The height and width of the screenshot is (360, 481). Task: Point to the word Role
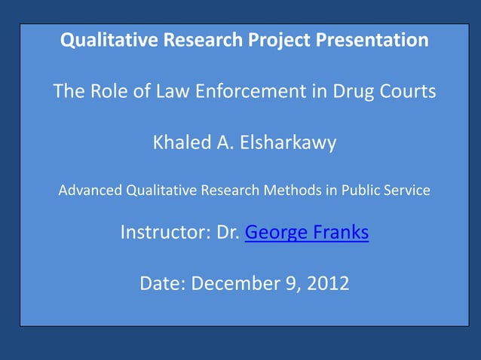[115, 92]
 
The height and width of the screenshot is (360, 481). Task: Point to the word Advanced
[89, 191]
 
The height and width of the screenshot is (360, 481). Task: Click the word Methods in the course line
[289, 191]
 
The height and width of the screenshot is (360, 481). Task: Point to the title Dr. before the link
[228, 233]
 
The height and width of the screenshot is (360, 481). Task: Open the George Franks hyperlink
[307, 233]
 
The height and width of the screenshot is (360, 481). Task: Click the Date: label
[163, 284]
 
